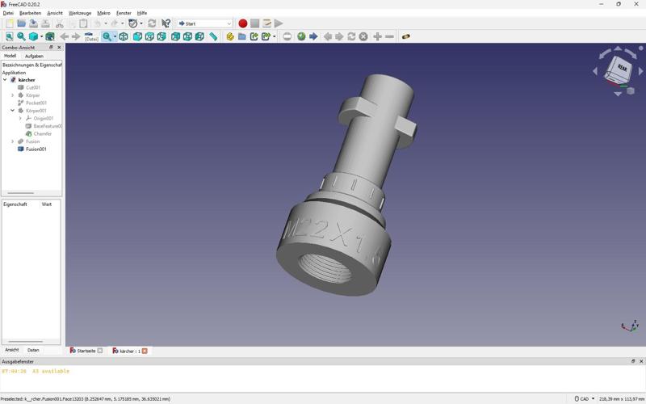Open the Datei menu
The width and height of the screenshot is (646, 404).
[x=8, y=13]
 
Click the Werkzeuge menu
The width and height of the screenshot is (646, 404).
[x=79, y=13]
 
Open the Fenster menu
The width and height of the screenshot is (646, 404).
[x=124, y=13]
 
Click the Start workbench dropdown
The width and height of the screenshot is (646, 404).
[x=204, y=23]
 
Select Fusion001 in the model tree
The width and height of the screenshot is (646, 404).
[x=36, y=149]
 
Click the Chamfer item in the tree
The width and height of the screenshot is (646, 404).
[x=42, y=134]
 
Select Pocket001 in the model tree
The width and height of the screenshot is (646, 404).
[x=36, y=103]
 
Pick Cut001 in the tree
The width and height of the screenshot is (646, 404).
[x=33, y=88]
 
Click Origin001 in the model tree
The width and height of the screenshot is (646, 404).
[x=43, y=119]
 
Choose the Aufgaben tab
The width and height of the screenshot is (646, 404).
[x=34, y=57]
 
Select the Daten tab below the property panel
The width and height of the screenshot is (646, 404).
[x=33, y=350]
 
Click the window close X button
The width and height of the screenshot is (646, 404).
[x=636, y=4]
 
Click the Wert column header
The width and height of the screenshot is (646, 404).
[x=47, y=204]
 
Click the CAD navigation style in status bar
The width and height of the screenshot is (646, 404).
[x=583, y=398]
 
